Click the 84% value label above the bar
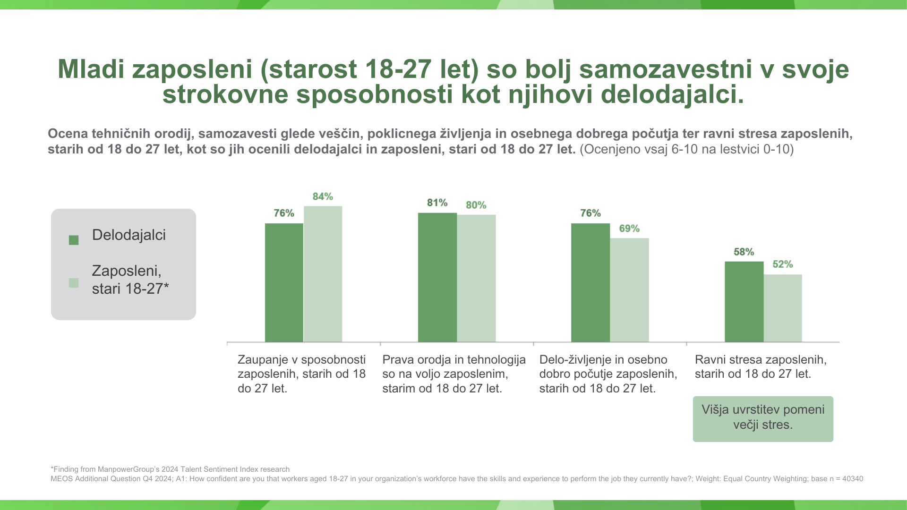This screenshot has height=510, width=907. pos(323,196)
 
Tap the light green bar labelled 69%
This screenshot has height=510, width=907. pos(629,290)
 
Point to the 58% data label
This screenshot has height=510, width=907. pos(744,252)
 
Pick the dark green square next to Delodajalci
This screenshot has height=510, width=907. pos(74,240)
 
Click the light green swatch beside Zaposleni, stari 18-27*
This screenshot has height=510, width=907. pos(74,283)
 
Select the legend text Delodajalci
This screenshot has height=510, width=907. pos(128,235)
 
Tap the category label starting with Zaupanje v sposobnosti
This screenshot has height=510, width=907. pos(301,374)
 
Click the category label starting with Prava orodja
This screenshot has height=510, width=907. pos(453,374)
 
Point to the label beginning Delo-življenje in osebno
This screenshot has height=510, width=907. pos(608,374)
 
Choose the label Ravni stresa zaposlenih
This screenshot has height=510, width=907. pos(761,367)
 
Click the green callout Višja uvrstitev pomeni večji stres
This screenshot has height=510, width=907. pos(762,419)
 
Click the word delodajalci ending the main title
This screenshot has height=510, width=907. pos(672,94)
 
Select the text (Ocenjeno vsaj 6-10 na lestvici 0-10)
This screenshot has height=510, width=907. pos(686,150)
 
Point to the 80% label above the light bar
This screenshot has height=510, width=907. pos(476,205)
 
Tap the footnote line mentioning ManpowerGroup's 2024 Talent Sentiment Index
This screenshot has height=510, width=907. pos(170,469)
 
